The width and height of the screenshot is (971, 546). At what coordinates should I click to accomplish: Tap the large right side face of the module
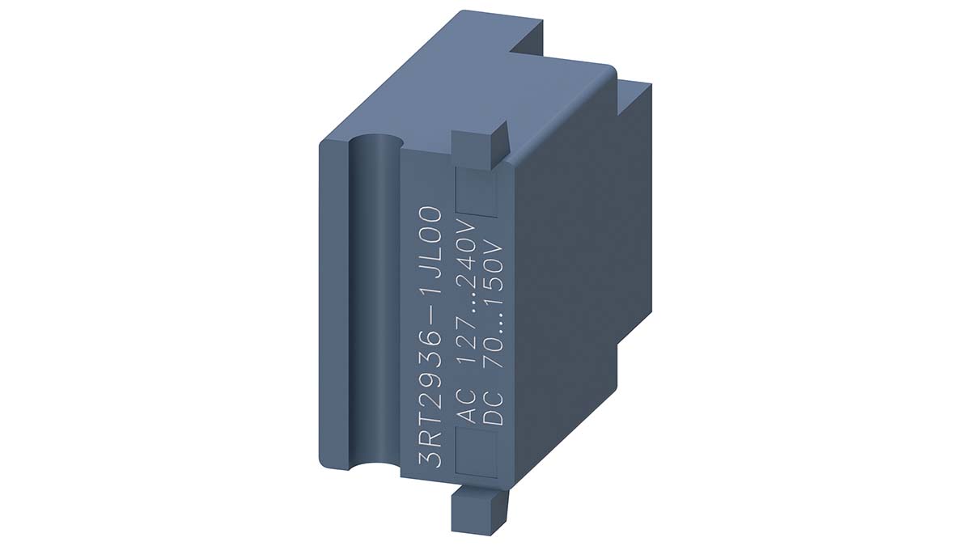coord(566,283)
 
